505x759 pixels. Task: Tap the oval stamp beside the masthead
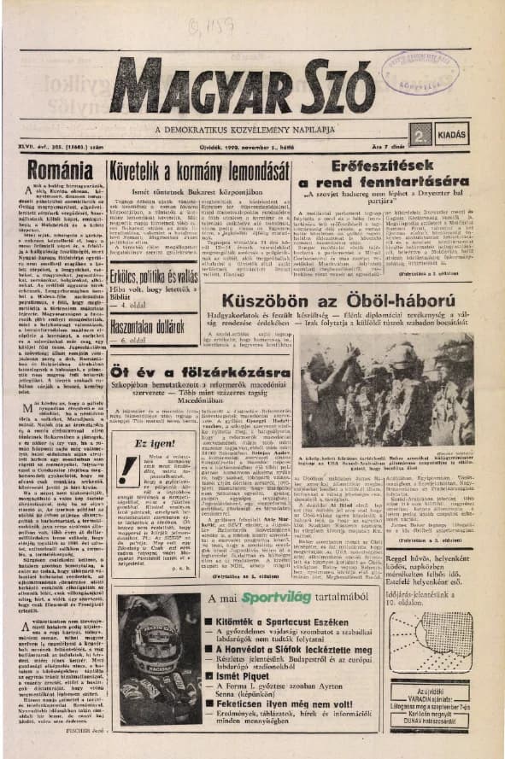420,72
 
